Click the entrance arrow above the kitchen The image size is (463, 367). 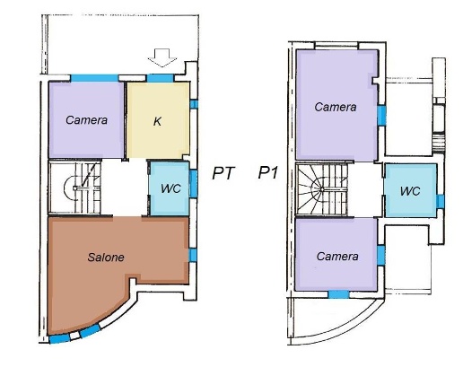(162, 57)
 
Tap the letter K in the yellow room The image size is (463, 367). (157, 121)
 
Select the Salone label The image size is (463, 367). (106, 258)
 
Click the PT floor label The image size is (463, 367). (223, 173)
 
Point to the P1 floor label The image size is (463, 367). (268, 172)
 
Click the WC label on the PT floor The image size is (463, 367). (170, 188)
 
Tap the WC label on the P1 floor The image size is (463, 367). (410, 191)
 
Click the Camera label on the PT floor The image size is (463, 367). (86, 120)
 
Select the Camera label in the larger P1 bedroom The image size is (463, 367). (336, 107)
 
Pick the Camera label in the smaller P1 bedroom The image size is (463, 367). (337, 257)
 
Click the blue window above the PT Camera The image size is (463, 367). (94, 78)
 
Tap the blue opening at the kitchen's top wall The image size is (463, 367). (161, 78)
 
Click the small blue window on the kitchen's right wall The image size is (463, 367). (194, 104)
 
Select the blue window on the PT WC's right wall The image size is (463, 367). (194, 184)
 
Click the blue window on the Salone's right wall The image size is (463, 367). (193, 255)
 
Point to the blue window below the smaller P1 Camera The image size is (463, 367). (338, 294)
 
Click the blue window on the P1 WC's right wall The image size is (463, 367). (440, 201)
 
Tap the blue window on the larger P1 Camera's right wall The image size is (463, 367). (381, 116)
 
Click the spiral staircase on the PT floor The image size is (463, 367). (74, 188)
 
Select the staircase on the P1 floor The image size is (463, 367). (321, 189)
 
